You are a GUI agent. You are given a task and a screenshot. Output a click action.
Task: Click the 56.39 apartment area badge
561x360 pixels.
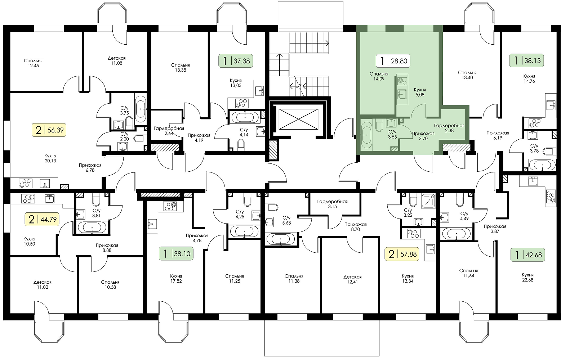coord(49,130)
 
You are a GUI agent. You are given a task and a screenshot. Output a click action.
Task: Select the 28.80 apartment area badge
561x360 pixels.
coord(393,61)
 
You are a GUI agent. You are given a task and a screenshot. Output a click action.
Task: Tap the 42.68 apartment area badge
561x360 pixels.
coord(528,255)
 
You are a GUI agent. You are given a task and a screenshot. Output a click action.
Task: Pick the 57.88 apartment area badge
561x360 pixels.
coord(402,254)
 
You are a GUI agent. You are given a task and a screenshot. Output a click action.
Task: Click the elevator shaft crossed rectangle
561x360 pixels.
coord(298,119)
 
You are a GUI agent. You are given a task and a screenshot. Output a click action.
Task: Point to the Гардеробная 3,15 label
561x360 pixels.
coord(332,204)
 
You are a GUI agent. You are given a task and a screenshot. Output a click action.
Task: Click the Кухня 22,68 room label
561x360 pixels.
coord(528,277)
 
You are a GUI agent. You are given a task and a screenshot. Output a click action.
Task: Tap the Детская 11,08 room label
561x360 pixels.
coord(117,60)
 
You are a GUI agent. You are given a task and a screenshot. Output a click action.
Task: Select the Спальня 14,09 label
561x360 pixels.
coord(379,76)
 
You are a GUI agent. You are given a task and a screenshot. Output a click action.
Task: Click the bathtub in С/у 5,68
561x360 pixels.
coord(280,239)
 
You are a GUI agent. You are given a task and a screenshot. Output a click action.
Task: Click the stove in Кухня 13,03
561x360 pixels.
coord(242,103)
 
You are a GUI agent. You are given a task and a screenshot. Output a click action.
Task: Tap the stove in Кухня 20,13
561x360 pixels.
coord(26,183)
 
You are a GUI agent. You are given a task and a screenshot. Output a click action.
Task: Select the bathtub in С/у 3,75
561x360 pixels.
coord(141,109)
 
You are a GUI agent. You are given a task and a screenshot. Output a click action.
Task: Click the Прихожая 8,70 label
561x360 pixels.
coord(355,227)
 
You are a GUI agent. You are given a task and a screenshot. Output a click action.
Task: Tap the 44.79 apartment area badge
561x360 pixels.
coord(42,219)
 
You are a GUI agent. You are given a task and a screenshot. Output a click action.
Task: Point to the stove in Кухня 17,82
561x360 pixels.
coord(170,206)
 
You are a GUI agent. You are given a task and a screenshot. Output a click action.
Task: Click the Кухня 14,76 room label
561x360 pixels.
coord(529,78)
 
